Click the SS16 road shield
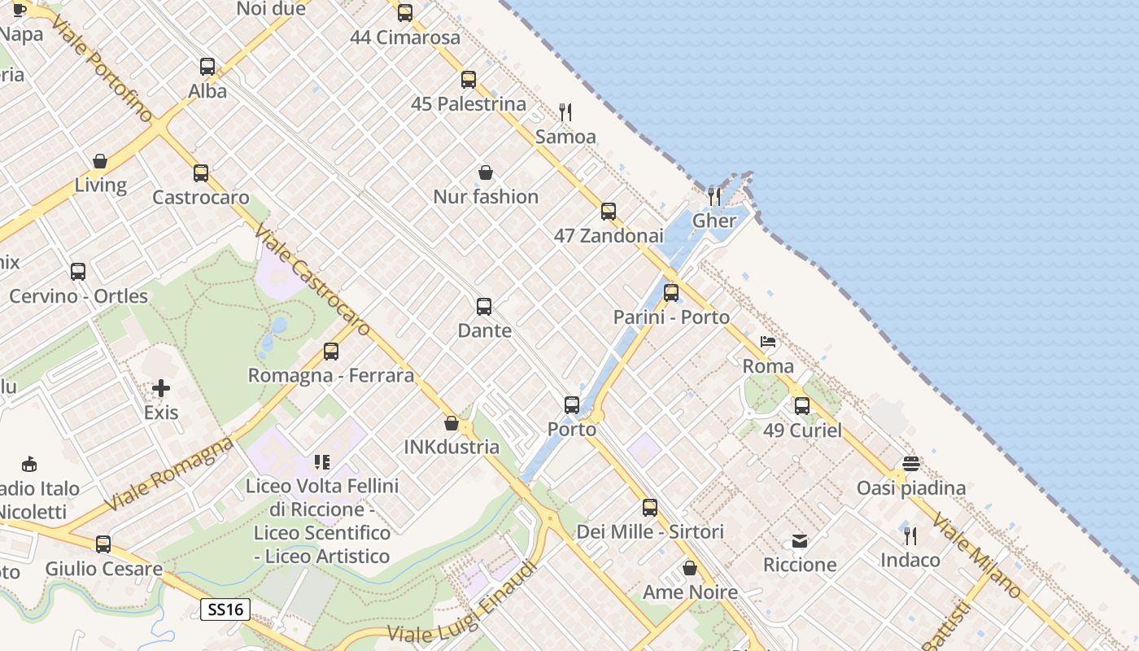pos(225,609)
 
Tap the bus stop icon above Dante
pos(484,307)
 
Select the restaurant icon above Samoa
pos(565,112)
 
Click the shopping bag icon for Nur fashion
pos(486,173)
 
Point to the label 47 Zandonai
pos(609,236)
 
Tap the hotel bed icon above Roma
pos(768,342)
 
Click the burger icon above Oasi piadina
pos(910,464)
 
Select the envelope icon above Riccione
pos(800,541)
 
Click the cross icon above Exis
pos(161,388)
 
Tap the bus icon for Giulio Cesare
pos(103,544)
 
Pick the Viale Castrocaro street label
pos(313,281)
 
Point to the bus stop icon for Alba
pos(207,67)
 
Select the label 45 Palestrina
pos(469,104)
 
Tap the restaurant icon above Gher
pos(714,196)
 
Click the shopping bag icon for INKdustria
pos(452,423)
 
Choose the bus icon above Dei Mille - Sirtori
pos(650,508)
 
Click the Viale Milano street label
pos(976,556)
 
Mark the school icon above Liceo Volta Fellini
pos(322,462)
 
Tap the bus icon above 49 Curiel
pos(802,405)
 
